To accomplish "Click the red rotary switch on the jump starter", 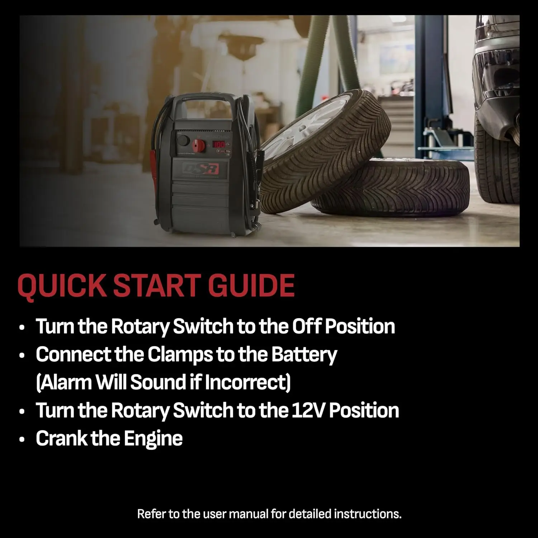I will (x=198, y=145).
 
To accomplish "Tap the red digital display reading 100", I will (x=219, y=145).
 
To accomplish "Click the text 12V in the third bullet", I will (x=308, y=410).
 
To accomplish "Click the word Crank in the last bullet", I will (x=61, y=438).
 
